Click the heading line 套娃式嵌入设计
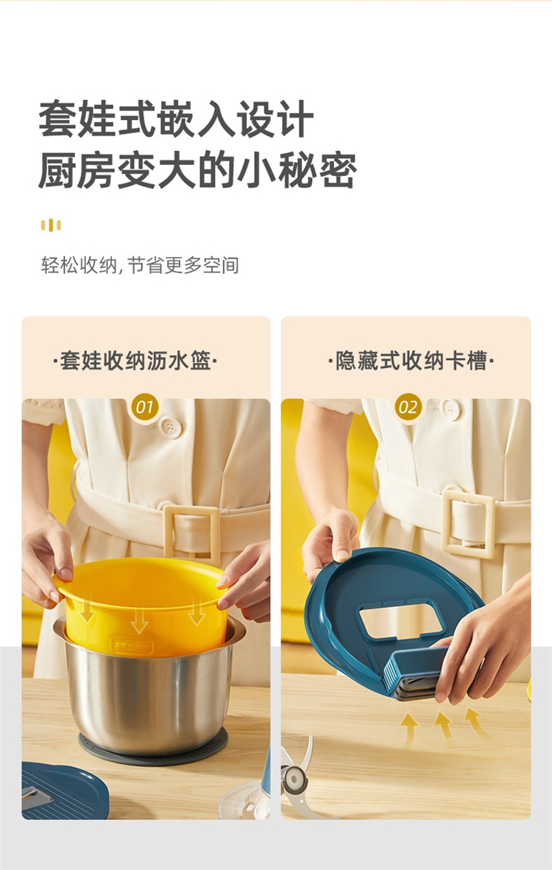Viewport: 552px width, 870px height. pos(177,119)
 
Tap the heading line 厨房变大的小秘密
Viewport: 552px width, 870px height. pos(197,170)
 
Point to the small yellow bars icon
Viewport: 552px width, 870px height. pos(51,224)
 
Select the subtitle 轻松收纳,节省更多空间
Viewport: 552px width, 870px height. pos(140,265)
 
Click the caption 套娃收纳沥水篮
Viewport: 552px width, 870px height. pos(135,361)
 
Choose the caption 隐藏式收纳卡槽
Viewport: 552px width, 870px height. pos(411,361)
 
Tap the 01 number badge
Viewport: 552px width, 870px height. pos(145,407)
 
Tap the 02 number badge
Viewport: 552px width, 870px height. pos(408,407)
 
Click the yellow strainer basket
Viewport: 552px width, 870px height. pos(142,605)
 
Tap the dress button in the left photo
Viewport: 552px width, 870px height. pos(170,427)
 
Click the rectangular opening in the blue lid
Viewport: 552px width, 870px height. pos(400,620)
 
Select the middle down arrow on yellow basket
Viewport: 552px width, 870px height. pos(139,617)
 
